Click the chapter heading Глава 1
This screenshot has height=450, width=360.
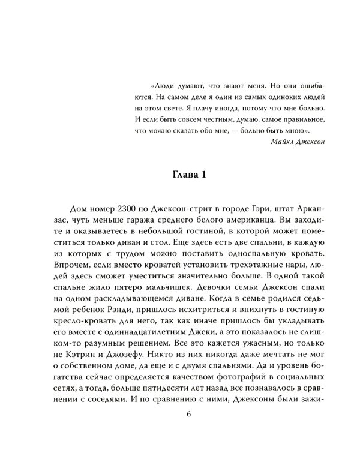pyautogui.click(x=180, y=175)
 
